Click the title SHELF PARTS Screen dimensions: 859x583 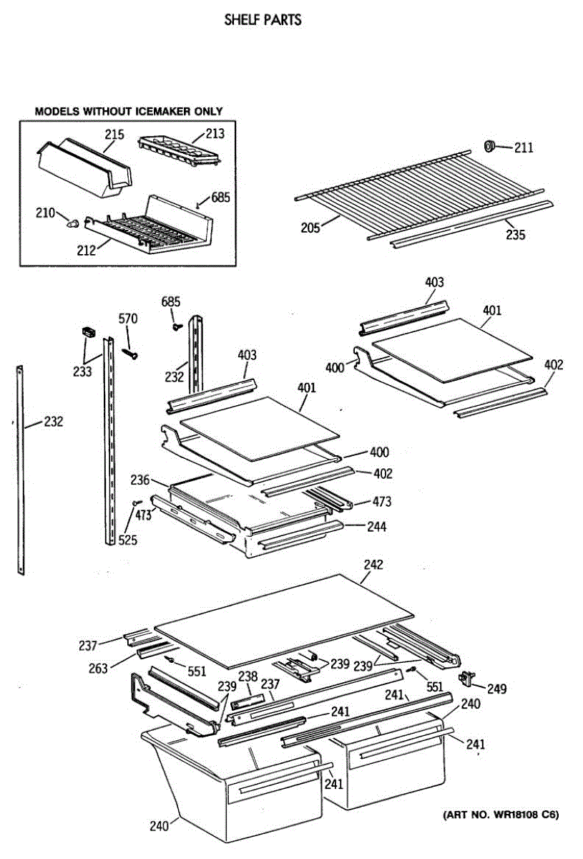(263, 20)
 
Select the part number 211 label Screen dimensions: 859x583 (524, 148)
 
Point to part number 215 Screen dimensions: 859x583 (114, 135)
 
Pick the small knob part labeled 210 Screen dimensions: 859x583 (72, 223)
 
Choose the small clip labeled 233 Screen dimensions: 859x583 (88, 331)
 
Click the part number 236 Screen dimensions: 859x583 (140, 479)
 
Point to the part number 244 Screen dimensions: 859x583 (376, 527)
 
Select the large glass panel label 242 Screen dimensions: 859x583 (373, 565)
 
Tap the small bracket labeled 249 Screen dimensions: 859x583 (469, 676)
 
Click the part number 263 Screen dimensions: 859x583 (98, 668)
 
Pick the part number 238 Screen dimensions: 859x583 (248, 676)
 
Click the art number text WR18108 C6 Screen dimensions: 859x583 (500, 815)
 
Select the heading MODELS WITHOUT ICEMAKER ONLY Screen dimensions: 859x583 (129, 111)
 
